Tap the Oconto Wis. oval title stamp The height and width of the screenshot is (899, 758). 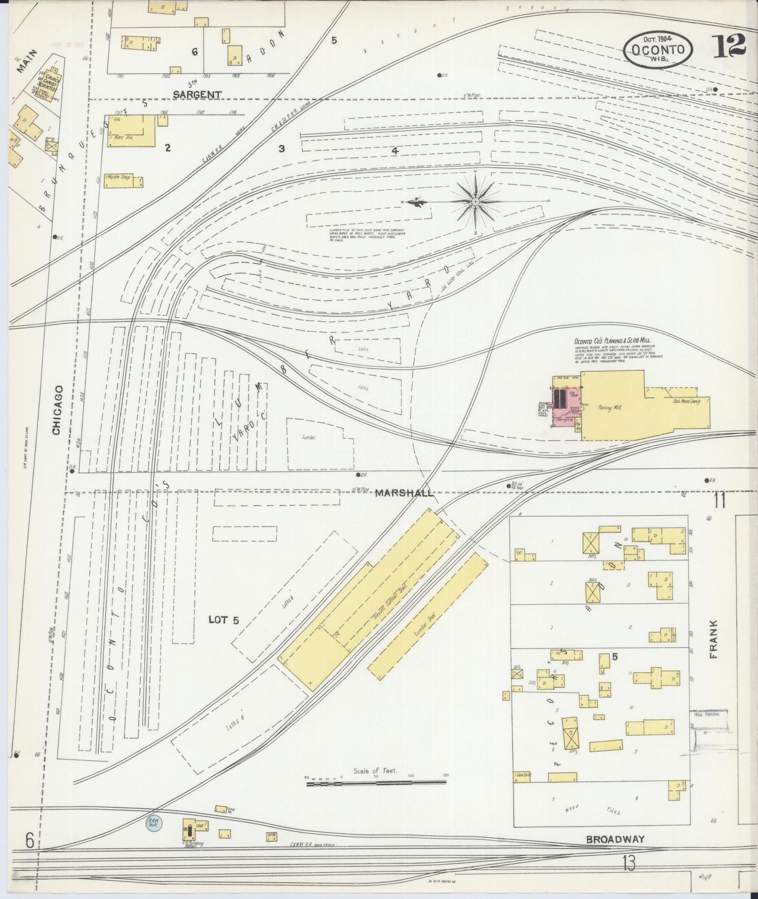[x=658, y=50]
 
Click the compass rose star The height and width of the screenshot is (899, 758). [x=475, y=201]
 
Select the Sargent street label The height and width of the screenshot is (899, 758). [x=197, y=94]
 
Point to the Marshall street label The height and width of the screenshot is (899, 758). [x=404, y=493]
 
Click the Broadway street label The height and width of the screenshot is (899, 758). [x=615, y=839]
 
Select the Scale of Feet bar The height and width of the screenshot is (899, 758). [x=376, y=783]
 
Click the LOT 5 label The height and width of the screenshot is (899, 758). [x=223, y=620]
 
